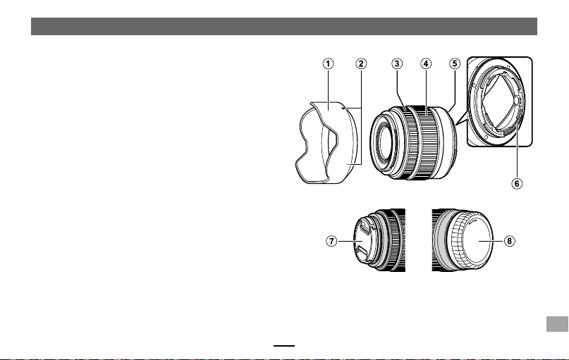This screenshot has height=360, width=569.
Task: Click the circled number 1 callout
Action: coord(328,64)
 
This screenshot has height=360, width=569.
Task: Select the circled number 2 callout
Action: coord(361,64)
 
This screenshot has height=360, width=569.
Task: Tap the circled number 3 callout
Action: coord(397,64)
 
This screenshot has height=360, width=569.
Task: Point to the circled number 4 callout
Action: coord(426,64)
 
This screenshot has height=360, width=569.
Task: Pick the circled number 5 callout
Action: coord(455,64)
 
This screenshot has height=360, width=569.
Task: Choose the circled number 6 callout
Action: coord(517,183)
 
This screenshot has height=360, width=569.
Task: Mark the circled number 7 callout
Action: coord(331,241)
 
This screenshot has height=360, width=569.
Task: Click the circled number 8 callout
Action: coord(510,241)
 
